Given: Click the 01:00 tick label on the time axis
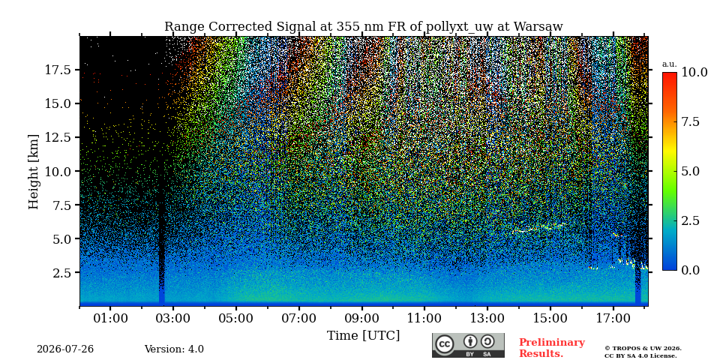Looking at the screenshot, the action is point(110,318).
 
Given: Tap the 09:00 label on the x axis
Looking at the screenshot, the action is point(361,318).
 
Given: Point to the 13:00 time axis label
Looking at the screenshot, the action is point(487,318).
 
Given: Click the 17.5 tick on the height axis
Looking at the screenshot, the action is point(58,70).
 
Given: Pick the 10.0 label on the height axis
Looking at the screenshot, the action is point(58,171).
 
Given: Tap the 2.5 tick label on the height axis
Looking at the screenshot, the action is point(62,273).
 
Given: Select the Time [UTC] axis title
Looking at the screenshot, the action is point(363,336).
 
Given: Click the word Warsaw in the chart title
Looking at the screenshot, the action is point(538,27).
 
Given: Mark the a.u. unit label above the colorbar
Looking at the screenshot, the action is point(670,64).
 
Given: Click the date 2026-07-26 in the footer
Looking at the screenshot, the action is point(65,349).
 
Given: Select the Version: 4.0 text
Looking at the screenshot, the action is point(174,349).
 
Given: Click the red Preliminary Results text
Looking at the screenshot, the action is point(552,348).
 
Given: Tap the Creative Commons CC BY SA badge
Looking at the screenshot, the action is point(468,345).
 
